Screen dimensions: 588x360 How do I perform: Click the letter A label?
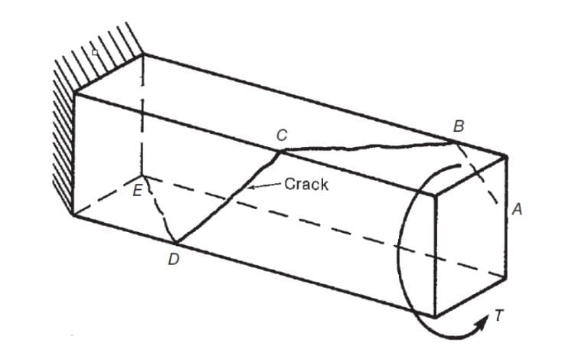pos(517,209)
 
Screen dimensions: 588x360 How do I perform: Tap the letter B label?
pos(459,126)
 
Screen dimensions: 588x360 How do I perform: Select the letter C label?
pos(282,135)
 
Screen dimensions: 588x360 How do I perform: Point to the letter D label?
pos(173,259)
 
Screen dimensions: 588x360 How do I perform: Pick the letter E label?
pos(138,191)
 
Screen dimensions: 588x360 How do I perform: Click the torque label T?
pos(498,316)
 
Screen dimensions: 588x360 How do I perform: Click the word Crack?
pos(306,184)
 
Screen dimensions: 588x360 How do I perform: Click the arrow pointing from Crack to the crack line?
pos(264,185)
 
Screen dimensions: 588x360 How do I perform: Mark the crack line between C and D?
pos(230,197)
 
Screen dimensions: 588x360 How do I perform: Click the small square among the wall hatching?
pos(95,53)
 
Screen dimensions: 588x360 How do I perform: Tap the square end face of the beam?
pos(471,237)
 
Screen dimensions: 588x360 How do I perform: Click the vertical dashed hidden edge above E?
pos(142,115)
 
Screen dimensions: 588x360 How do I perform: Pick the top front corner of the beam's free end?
pos(436,195)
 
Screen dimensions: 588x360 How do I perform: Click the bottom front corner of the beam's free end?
pos(436,317)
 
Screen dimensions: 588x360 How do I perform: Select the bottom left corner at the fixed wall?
pos(73,215)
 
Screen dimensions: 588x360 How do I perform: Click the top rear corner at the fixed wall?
pos(143,54)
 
